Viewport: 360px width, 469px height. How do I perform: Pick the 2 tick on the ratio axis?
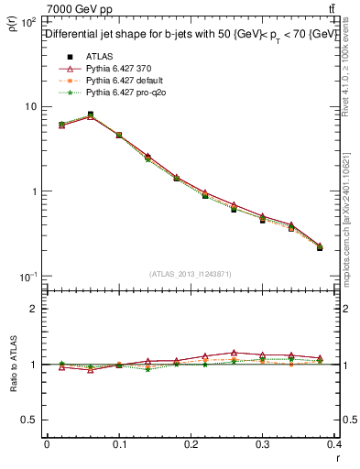33,309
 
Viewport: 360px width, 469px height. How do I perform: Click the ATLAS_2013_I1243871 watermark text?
191,274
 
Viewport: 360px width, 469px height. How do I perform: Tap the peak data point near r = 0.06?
90,115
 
